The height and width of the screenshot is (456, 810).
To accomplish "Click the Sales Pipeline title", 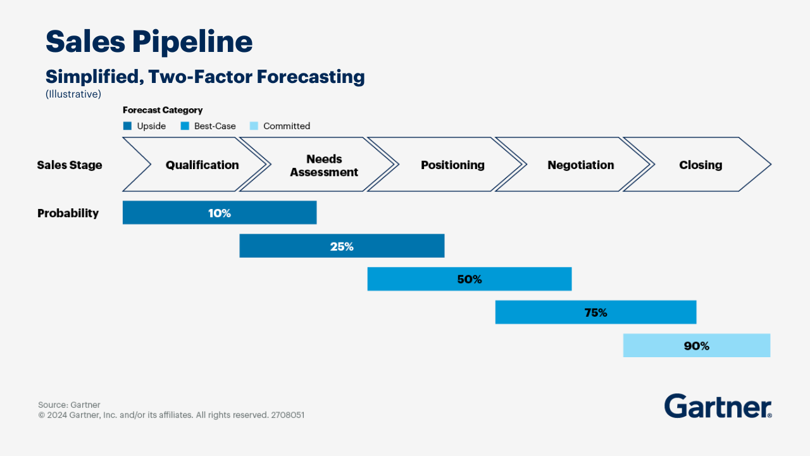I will (149, 42).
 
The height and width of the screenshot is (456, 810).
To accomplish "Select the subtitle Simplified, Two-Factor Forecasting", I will (205, 77).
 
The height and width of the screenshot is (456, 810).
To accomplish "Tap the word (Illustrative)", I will (73, 94).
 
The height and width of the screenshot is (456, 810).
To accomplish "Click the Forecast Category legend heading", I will (163, 110).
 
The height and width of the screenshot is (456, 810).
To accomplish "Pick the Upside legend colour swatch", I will (127, 126).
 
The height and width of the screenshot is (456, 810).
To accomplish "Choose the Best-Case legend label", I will (215, 126).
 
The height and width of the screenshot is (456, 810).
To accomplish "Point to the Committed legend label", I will (287, 126).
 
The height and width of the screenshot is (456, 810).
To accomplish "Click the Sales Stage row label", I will (70, 165).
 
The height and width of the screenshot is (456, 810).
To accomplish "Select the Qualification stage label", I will (202, 165).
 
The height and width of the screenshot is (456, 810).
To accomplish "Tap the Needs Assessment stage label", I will (324, 165).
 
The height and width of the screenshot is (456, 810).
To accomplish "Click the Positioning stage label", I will (452, 165).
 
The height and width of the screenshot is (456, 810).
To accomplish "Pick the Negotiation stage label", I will (580, 165).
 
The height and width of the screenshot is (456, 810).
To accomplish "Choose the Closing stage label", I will (701, 165).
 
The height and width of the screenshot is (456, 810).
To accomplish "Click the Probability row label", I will (68, 213).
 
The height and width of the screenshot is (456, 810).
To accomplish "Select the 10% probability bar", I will (220, 213).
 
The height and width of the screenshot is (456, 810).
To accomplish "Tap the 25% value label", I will (342, 246).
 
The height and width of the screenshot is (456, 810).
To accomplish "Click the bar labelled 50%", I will (469, 279).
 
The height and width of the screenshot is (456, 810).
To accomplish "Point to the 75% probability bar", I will (595, 313).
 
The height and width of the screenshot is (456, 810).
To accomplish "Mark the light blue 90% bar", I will (696, 346).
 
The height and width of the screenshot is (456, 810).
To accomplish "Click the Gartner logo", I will (718, 406).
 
